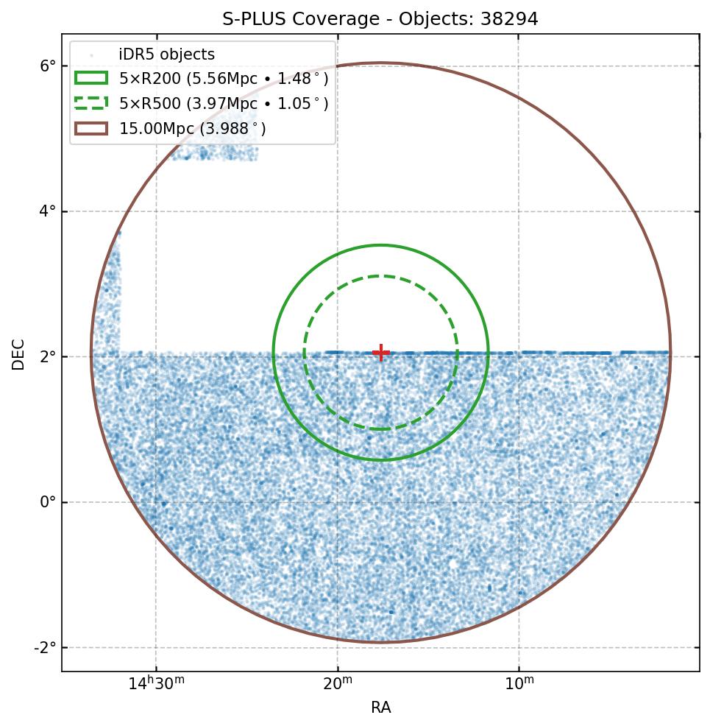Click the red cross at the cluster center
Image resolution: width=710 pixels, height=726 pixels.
pos(381,353)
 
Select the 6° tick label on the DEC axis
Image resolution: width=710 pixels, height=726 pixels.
pos(48,66)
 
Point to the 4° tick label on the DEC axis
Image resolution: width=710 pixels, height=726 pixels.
pos(48,211)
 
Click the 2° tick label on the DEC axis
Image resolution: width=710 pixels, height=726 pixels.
pos(48,356)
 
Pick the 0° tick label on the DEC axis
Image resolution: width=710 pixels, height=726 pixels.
pos(48,502)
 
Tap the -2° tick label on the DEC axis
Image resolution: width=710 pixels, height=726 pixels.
pos(46,647)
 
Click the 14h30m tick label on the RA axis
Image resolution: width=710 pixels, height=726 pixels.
pos(156,684)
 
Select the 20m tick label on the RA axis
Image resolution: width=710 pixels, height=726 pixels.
pos(338,684)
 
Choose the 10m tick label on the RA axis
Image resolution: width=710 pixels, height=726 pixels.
pos(519,684)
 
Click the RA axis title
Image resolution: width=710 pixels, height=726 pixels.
pos(380,708)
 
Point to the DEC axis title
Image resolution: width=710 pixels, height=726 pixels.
pos(18,354)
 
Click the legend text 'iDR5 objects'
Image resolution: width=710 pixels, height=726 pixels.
pos(167,54)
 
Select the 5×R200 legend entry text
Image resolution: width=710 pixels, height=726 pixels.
pos(224,79)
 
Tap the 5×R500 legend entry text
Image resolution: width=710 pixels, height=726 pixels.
pos(224,104)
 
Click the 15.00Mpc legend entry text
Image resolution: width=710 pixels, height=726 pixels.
pos(193,129)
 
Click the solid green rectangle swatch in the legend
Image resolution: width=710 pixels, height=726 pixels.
pos(91,78)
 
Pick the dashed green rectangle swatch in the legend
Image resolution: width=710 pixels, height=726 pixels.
pos(91,103)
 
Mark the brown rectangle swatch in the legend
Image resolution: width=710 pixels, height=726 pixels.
pos(91,128)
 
